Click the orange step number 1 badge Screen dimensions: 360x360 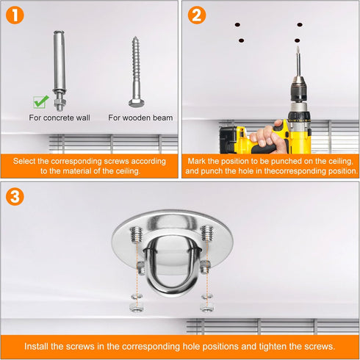coord(15,15)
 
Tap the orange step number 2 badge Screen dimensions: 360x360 coord(197,15)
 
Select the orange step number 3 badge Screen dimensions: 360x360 coord(15,196)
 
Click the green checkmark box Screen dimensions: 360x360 coord(40,102)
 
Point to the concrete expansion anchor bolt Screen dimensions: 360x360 coord(60,71)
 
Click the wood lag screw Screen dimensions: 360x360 coord(137,72)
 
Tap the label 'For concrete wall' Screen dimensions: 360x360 coord(60,118)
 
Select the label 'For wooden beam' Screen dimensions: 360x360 coord(140,118)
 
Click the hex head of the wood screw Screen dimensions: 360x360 coord(137,103)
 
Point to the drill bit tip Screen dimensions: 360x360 coord(298,47)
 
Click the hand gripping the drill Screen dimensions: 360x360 coord(268,136)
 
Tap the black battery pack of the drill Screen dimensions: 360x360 coord(228,140)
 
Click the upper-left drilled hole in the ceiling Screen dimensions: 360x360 coord(237,25)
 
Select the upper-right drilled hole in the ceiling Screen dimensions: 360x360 coord(300,24)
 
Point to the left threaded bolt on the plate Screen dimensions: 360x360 coord(136,234)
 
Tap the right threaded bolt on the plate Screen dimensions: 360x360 coord(207,233)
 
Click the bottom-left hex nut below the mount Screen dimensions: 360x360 coord(137,308)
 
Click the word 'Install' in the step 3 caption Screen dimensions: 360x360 coord(36,346)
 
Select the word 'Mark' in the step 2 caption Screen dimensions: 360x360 coord(197,161)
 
